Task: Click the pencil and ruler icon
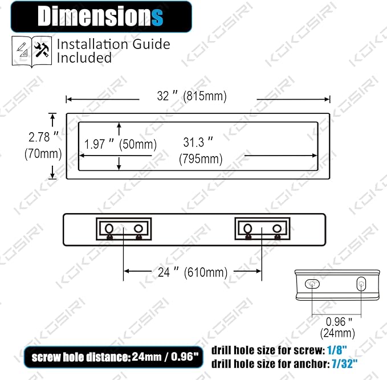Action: (22, 50)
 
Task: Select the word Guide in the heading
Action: (151, 44)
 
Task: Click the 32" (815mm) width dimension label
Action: (192, 96)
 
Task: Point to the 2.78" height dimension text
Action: (43, 137)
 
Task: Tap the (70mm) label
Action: (43, 153)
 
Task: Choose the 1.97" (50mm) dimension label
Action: (120, 144)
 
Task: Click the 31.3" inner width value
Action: (198, 142)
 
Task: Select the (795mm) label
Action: (201, 158)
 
